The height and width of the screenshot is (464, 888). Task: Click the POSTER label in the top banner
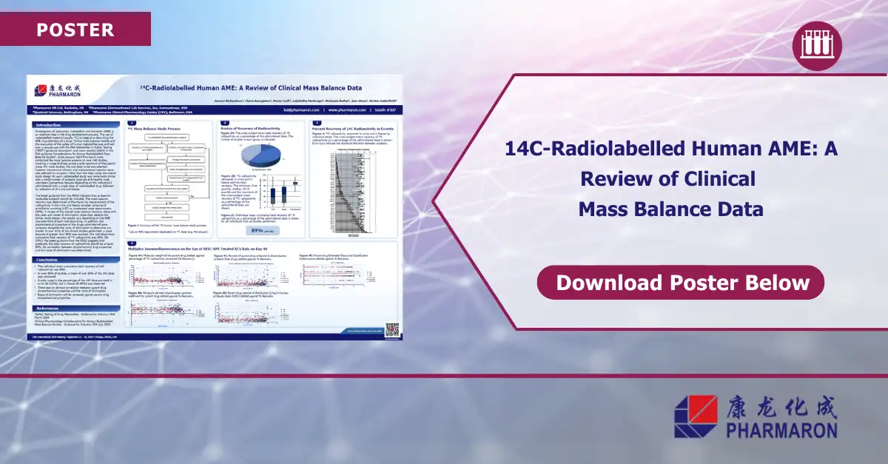point(75,30)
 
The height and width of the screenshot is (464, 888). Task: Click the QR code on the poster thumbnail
point(392,329)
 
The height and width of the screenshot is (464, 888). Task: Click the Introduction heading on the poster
point(50,125)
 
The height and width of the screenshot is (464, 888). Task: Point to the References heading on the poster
point(49,308)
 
